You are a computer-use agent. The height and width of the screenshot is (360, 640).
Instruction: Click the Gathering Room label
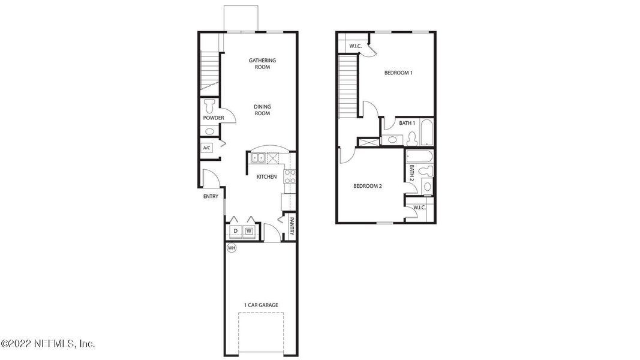pos(262,64)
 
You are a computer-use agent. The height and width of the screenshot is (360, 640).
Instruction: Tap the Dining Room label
pos(262,110)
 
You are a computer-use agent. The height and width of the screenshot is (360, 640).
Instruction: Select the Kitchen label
pos(266,177)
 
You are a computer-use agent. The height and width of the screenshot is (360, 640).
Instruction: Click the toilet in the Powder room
pos(209,107)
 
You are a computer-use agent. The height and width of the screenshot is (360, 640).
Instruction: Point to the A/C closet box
pos(207,148)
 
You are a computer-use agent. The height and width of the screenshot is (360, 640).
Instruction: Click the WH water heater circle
pos(231,247)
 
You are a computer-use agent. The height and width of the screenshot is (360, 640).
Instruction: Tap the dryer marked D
pos(236,230)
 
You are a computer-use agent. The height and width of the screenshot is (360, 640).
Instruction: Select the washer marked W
pos(249,230)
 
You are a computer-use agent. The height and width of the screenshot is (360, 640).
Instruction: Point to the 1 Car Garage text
pos(261,305)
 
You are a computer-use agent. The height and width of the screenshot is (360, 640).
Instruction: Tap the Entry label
pos(211,196)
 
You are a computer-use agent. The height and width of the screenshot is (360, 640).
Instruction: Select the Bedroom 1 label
pos(398,73)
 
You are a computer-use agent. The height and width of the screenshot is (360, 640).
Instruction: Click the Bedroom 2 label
pos(367,186)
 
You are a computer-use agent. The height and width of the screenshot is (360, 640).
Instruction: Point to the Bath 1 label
pos(407,123)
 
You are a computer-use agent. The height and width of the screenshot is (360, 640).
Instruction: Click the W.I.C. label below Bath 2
pos(419,208)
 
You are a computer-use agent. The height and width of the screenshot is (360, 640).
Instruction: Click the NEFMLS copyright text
pos(47,344)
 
